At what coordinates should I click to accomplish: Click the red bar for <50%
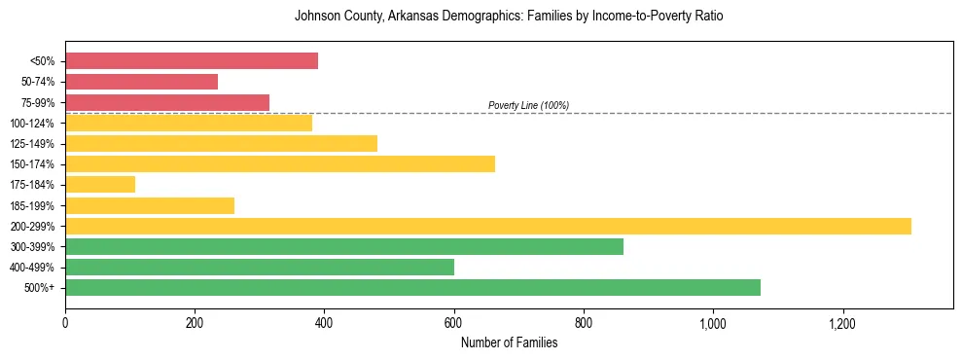192,61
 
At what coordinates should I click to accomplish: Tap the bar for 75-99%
167,102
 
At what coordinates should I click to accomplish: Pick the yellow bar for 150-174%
280,163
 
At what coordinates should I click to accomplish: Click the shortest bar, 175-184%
100,184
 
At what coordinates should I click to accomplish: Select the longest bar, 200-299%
488,226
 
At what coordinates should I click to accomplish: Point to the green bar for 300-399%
344,246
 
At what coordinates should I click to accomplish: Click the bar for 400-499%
260,267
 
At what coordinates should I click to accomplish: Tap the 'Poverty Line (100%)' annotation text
528,105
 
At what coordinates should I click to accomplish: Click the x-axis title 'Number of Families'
509,342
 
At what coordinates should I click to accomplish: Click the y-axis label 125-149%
33,144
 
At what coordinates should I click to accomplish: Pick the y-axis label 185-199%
33,205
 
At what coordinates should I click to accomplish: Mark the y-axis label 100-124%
33,124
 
